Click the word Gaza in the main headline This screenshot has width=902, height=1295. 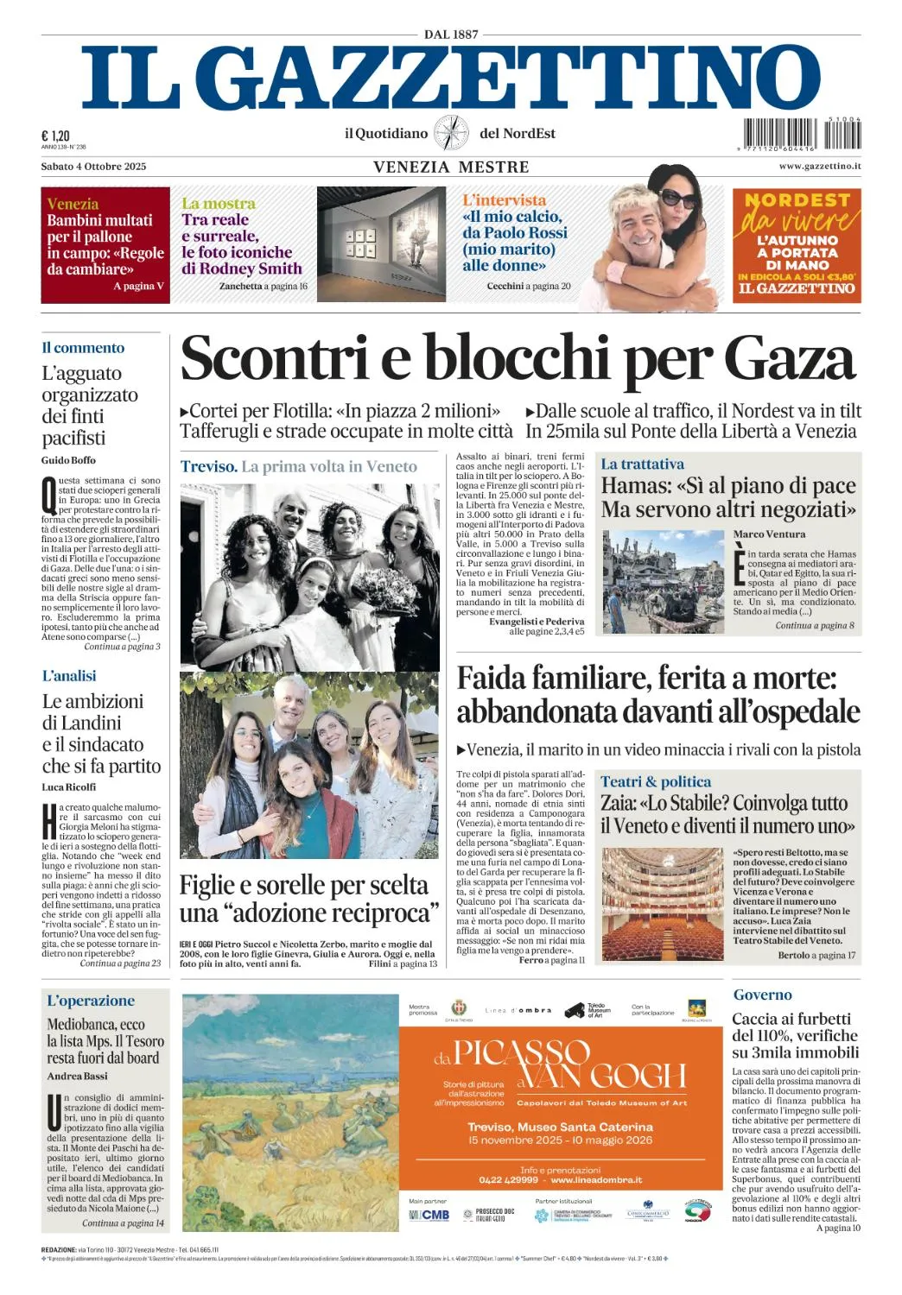point(789,358)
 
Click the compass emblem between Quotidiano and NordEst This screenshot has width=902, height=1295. point(451,133)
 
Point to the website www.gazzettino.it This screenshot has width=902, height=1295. point(819,166)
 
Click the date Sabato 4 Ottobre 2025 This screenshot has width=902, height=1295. point(93,166)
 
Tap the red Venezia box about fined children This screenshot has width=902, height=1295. point(105,245)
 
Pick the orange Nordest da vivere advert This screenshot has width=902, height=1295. point(797,245)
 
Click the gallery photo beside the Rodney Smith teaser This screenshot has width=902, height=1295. point(381,244)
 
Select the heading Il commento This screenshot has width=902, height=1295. point(83,348)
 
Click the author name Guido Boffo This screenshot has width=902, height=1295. point(68,460)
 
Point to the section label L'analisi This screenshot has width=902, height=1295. point(69,676)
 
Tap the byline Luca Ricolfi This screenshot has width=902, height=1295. point(69,786)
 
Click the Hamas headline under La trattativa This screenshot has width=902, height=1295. point(728,497)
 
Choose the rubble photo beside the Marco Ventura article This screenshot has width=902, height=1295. point(663,581)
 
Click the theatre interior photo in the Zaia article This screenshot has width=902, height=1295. point(663,904)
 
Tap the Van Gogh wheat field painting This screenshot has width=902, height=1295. point(290,1112)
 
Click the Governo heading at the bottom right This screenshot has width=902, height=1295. point(763,995)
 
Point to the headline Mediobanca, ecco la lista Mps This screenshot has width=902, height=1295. point(105,1040)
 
